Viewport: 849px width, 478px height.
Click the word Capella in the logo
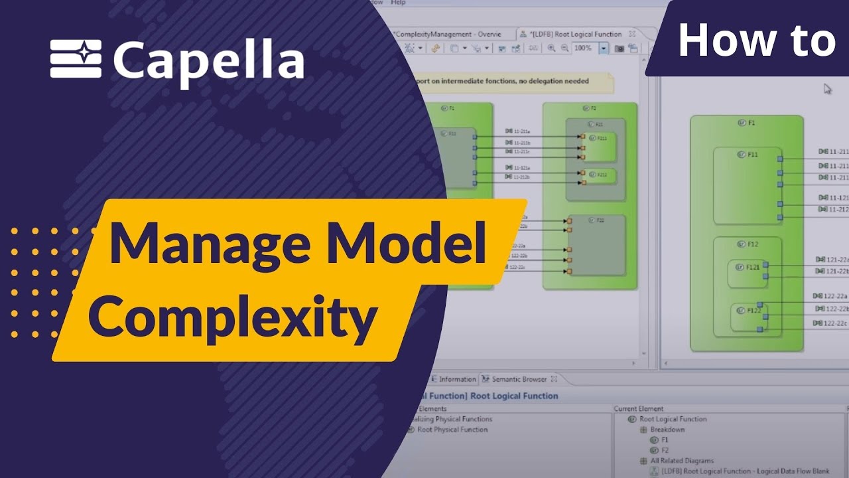[x=208, y=61]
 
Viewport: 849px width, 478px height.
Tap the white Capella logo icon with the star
[x=76, y=58]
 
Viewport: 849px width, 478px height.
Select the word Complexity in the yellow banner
[x=232, y=316]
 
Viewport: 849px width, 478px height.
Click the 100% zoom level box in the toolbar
[x=584, y=48]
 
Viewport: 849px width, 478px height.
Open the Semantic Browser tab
[x=519, y=379]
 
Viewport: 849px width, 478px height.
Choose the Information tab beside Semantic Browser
[x=456, y=379]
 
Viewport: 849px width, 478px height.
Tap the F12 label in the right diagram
[x=753, y=244]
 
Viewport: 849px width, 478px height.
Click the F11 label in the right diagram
[x=752, y=155]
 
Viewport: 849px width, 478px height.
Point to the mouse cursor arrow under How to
[x=827, y=88]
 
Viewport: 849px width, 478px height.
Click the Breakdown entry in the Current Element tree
[x=667, y=430]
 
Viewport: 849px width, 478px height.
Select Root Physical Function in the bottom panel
[x=452, y=430]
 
